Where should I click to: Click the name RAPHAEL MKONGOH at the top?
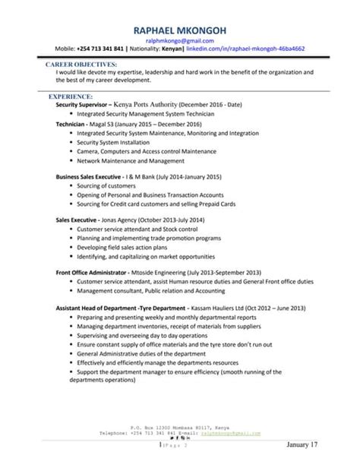pos(179,28)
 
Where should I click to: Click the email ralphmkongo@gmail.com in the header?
pos(180,40)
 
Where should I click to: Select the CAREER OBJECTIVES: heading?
pos(81,65)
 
